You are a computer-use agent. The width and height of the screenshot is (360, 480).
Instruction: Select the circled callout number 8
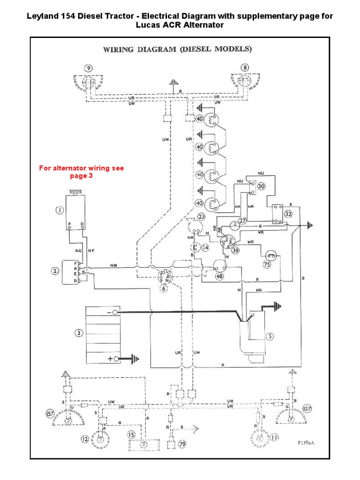245,67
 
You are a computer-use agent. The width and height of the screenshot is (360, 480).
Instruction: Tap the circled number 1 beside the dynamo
60,210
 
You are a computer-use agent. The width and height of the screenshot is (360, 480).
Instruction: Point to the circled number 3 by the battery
78,333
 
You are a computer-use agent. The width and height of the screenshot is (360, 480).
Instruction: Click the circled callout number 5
270,336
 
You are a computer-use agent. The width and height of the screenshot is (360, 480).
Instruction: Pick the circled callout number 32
288,213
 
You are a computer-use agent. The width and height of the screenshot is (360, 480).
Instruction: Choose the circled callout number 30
261,186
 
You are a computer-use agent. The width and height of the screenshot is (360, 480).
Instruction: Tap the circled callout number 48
219,276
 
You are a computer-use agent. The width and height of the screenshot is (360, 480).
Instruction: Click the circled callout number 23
202,217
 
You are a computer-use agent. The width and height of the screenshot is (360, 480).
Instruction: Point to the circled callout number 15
133,435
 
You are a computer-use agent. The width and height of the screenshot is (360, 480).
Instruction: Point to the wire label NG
79,251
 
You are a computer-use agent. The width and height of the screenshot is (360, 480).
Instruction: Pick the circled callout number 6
164,289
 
